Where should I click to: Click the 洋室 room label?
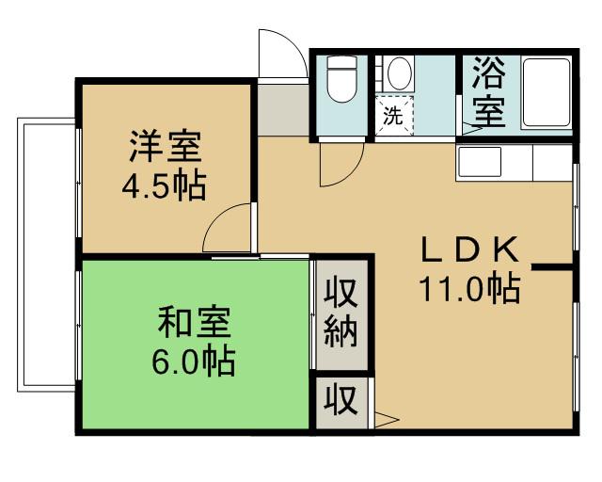click(x=166, y=148)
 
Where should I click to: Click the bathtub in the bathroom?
click(x=546, y=94)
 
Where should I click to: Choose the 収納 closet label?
click(x=341, y=313)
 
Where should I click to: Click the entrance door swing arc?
click(x=280, y=52)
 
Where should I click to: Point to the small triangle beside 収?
click(x=387, y=420)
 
